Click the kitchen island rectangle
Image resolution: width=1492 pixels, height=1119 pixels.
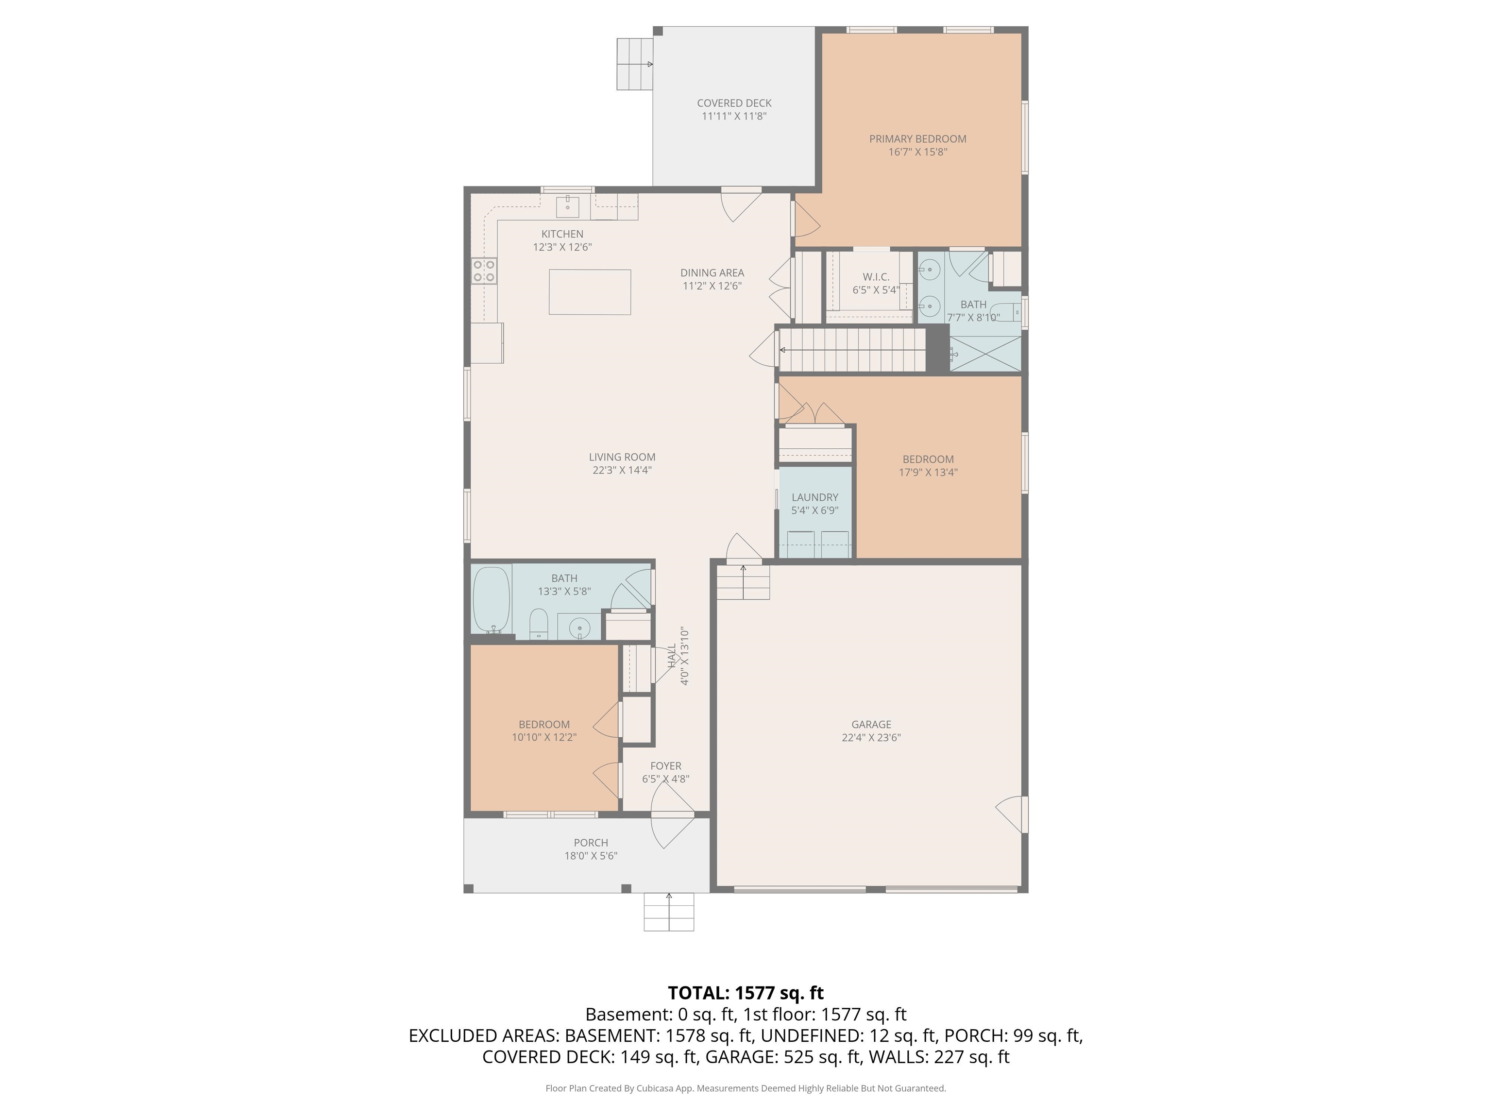[590, 292]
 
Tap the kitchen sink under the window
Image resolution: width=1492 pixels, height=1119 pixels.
[567, 206]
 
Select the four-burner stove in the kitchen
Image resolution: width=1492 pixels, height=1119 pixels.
[484, 271]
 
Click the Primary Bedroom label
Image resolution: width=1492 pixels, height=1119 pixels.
[917, 139]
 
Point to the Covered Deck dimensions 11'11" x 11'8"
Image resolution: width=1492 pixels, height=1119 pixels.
[734, 116]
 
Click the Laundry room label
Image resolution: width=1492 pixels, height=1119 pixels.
[815, 497]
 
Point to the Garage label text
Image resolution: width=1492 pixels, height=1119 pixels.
[871, 725]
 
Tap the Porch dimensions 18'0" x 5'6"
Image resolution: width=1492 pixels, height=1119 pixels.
[591, 855]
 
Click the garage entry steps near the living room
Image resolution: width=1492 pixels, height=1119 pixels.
[743, 582]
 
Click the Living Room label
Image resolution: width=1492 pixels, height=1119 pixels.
[622, 458]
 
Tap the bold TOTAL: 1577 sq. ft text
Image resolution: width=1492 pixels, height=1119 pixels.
[746, 993]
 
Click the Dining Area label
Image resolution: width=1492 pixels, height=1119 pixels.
[712, 272]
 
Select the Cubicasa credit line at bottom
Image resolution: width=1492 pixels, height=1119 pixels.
[746, 1088]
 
